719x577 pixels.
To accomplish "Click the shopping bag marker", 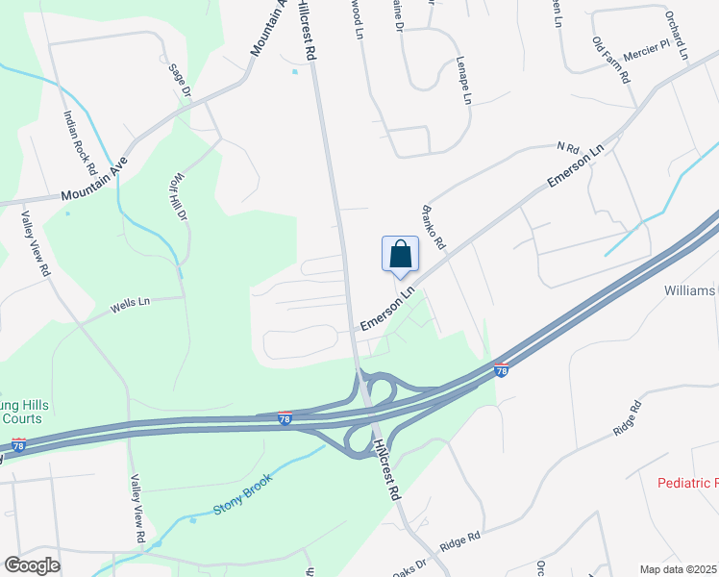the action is point(401,255).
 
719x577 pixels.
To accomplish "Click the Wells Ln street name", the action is point(130,303).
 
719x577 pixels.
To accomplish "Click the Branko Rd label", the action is point(434,227).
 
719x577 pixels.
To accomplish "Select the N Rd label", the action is point(567,148).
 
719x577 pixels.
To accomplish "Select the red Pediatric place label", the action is point(687,483).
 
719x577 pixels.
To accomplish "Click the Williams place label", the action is point(690,289).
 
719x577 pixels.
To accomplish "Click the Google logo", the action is point(32,565).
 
